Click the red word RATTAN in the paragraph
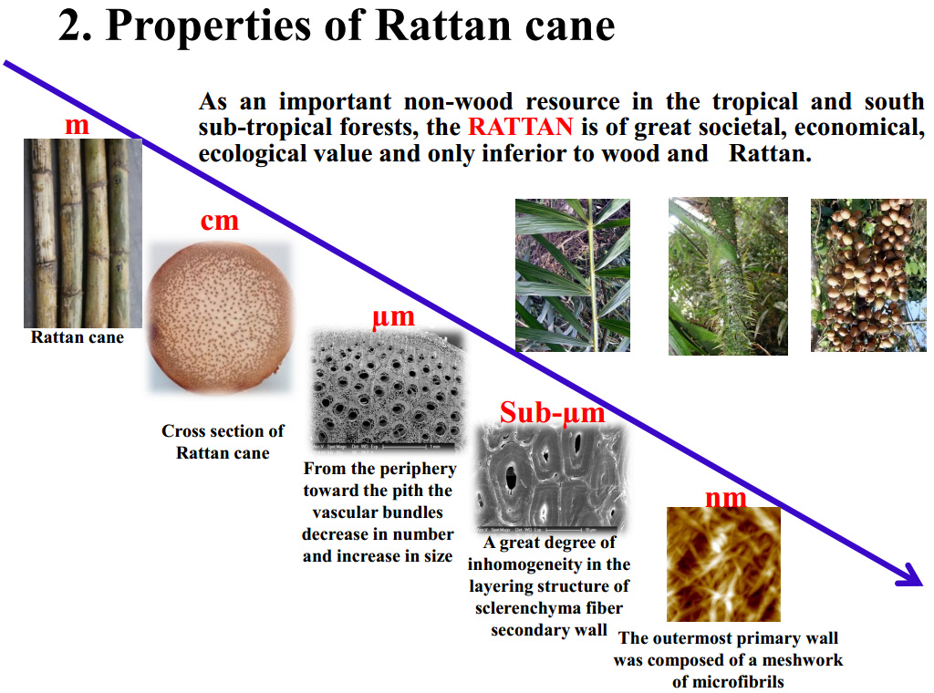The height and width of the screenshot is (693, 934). (521, 128)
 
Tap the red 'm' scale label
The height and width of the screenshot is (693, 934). (78, 125)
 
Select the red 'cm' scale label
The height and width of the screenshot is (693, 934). (219, 220)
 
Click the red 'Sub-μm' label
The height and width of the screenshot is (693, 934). (552, 413)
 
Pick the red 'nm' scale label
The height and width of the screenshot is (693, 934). (726, 497)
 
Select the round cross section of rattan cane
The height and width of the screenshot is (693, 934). (221, 315)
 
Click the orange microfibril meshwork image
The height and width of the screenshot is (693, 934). (723, 564)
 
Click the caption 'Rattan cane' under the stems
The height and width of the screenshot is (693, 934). (78, 337)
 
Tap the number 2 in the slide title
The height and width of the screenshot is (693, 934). (71, 26)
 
